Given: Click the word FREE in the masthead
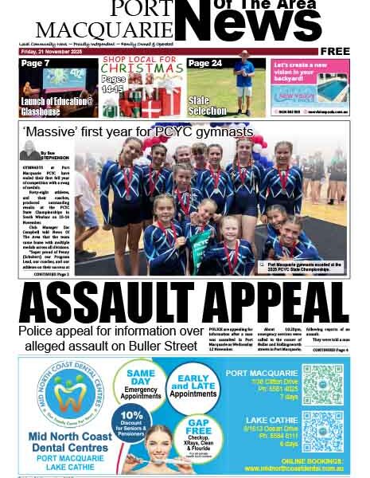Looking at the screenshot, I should [x=336, y=52].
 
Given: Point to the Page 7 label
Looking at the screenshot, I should [x=36, y=64].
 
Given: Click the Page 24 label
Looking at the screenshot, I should [x=204, y=64].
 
